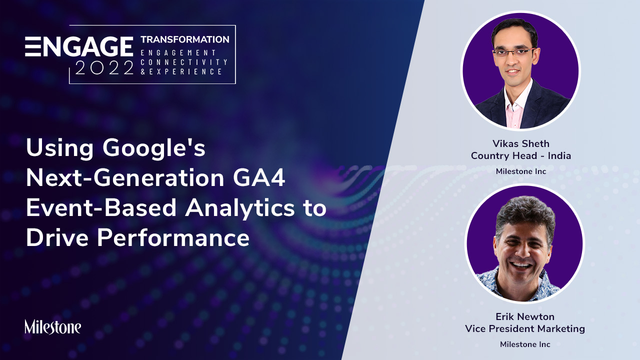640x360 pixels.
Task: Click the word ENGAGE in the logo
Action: pyautogui.click(x=79, y=46)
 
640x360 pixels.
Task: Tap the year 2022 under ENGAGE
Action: pyautogui.click(x=104, y=67)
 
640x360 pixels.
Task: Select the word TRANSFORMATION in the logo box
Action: pyautogui.click(x=185, y=39)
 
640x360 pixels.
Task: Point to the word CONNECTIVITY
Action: pyautogui.click(x=184, y=62)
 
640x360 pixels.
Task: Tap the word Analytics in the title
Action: pyautogui.click(x=239, y=208)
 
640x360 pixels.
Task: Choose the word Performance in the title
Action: pyautogui.click(x=173, y=237)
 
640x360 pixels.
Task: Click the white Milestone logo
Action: pyautogui.click(x=53, y=327)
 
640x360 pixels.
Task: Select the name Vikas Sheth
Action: pyautogui.click(x=521, y=143)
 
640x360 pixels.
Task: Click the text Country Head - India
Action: pyautogui.click(x=521, y=155)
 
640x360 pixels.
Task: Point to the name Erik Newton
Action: pyautogui.click(x=525, y=316)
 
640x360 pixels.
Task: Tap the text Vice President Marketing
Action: pyautogui.click(x=525, y=328)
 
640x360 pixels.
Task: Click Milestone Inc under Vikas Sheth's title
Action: pyautogui.click(x=521, y=171)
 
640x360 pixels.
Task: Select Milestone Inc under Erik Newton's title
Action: pyautogui.click(x=525, y=344)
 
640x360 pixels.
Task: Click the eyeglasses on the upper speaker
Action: pyautogui.click(x=513, y=52)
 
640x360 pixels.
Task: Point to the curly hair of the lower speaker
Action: pyautogui.click(x=525, y=216)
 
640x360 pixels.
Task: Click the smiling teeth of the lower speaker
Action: pyautogui.click(x=520, y=265)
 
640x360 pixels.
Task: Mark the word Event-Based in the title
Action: pyautogui.click(x=101, y=207)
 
